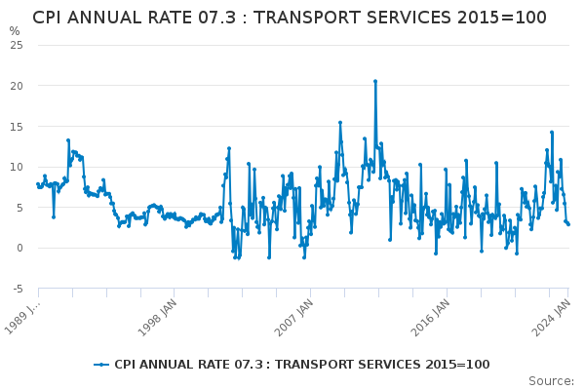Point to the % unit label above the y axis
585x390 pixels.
(15, 31)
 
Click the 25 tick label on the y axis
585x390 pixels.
(18, 45)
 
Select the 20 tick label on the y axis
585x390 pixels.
(18, 86)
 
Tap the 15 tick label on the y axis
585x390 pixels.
(18, 127)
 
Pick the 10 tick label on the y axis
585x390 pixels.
(18, 167)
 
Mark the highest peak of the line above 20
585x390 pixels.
(375, 81)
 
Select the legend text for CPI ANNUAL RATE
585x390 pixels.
(301, 365)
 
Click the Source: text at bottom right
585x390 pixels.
(551, 380)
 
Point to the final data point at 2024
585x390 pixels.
(568, 224)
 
